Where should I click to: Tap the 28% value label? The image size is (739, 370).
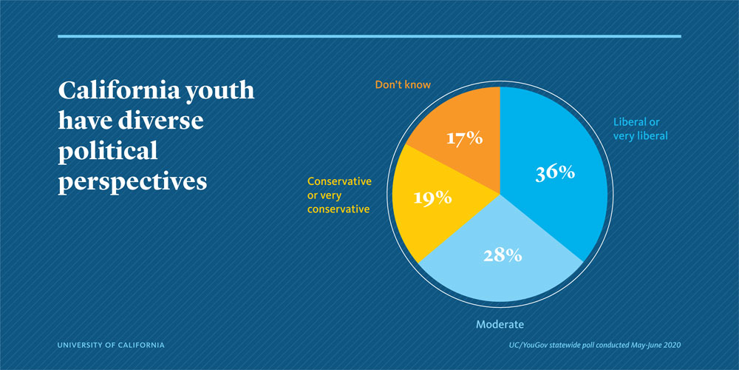coord(503,255)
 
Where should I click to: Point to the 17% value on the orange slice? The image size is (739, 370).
coord(463,138)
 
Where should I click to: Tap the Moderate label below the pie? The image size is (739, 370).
coord(500,324)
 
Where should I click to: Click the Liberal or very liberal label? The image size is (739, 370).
coord(641,129)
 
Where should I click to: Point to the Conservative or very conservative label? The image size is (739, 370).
coord(338,195)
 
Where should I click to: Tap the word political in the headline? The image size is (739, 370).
coord(108,151)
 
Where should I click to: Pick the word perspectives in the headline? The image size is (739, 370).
coord(132,181)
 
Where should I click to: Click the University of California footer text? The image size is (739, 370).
coord(111,345)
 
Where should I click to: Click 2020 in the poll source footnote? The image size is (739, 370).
coord(669,345)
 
